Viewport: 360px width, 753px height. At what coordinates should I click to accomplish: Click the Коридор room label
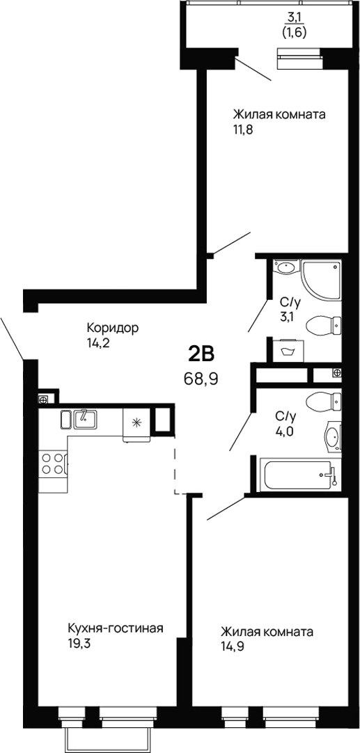[x=114, y=327]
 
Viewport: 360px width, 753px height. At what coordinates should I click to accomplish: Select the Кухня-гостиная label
[x=115, y=629]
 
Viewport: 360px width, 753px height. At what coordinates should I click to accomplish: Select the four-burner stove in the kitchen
[x=53, y=463]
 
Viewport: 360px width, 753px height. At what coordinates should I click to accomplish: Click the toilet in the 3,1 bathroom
[x=324, y=325]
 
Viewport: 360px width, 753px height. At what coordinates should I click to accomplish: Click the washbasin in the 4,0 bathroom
[x=333, y=437]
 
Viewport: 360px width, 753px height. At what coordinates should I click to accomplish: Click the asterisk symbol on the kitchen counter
[x=136, y=422]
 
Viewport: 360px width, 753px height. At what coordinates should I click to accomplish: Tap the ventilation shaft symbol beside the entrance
[x=43, y=400]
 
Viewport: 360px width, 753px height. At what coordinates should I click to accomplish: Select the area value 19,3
[x=80, y=644]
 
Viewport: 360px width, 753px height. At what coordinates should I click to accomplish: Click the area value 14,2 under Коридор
[x=98, y=342]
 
